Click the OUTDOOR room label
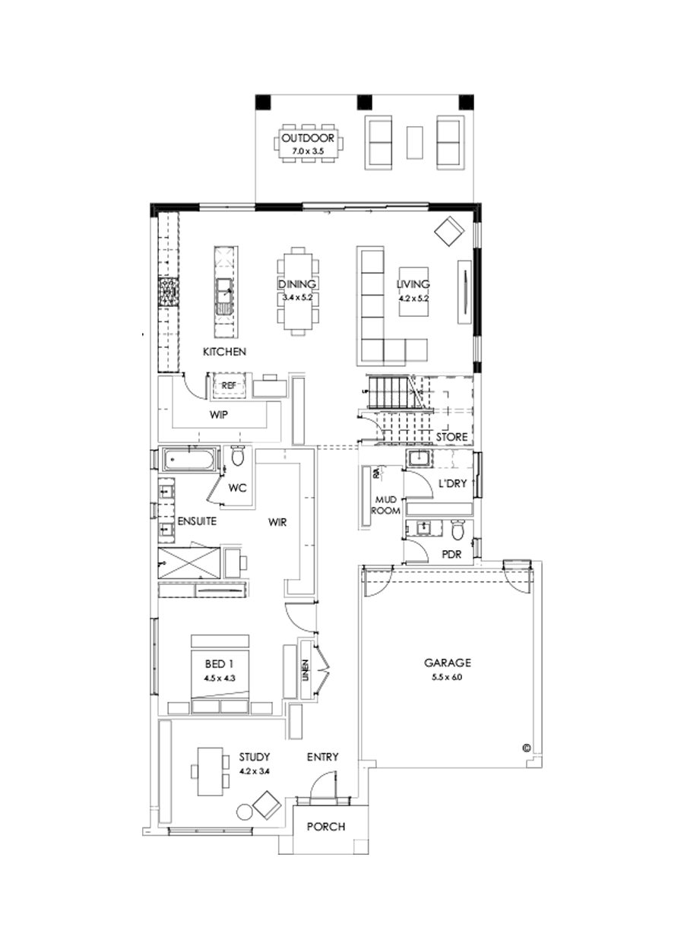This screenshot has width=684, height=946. tap(307, 139)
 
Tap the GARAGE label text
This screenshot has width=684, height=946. tap(448, 662)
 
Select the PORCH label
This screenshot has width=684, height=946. tap(326, 827)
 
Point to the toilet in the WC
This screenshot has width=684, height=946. tap(237, 458)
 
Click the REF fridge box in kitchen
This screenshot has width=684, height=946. tap(229, 386)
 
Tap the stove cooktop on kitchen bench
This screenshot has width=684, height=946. tap(167, 293)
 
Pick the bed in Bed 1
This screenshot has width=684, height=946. tap(220, 672)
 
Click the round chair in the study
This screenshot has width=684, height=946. tap(244, 812)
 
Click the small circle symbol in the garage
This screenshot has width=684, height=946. tap(525, 748)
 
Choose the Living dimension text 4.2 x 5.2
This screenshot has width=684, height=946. tap(413, 298)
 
